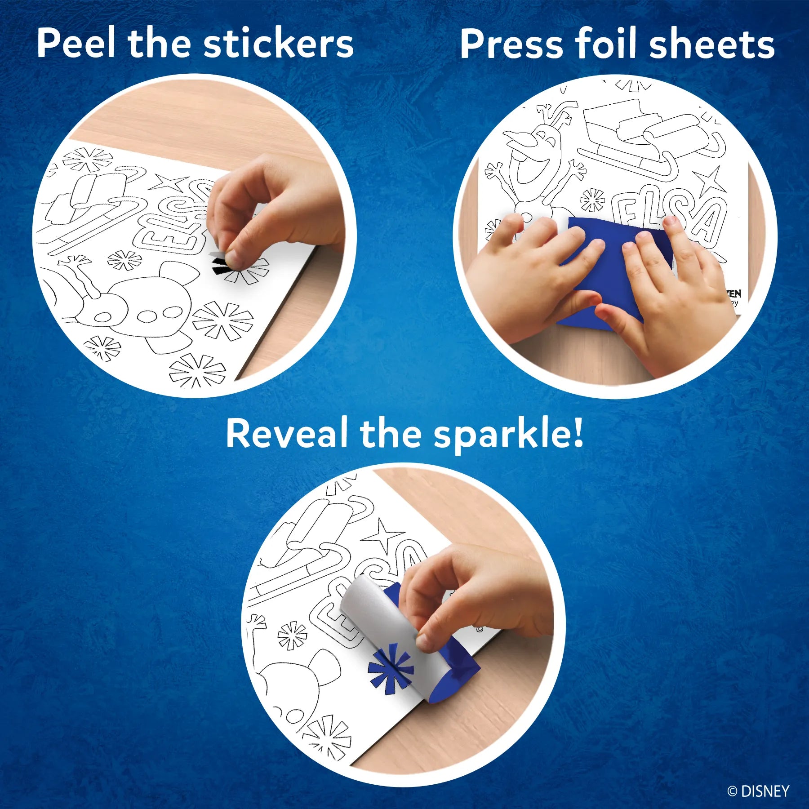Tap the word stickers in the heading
tap(279, 44)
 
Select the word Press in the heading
tap(511, 44)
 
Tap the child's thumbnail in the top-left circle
tap(231, 258)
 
